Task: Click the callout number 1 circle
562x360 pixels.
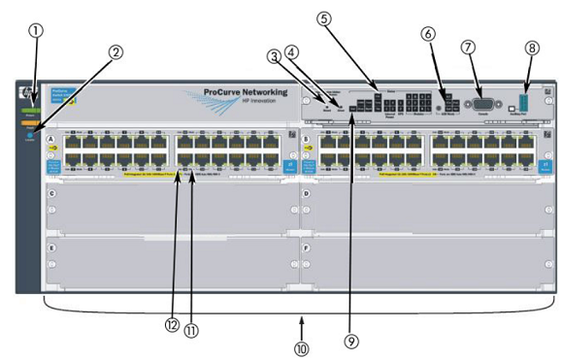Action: (x=36, y=30)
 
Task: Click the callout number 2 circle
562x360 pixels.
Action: (x=116, y=52)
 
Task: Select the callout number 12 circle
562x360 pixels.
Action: (x=173, y=325)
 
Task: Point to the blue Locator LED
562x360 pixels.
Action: (x=30, y=136)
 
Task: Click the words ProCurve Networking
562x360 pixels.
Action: (x=242, y=93)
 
